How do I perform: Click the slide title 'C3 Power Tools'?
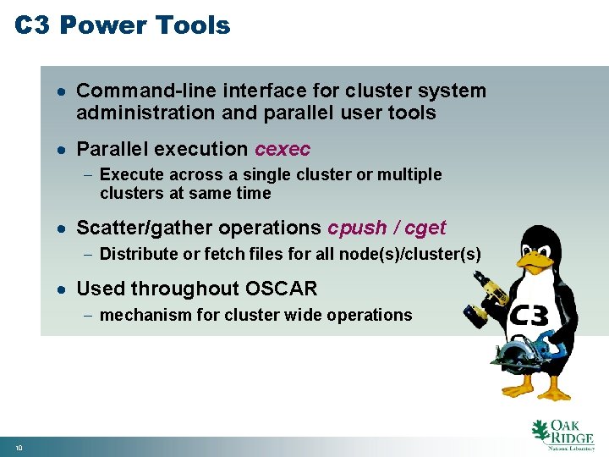123,25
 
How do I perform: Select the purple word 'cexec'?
283,150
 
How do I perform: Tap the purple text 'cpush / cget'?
387,228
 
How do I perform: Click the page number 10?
18,447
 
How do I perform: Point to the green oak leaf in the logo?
540,432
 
